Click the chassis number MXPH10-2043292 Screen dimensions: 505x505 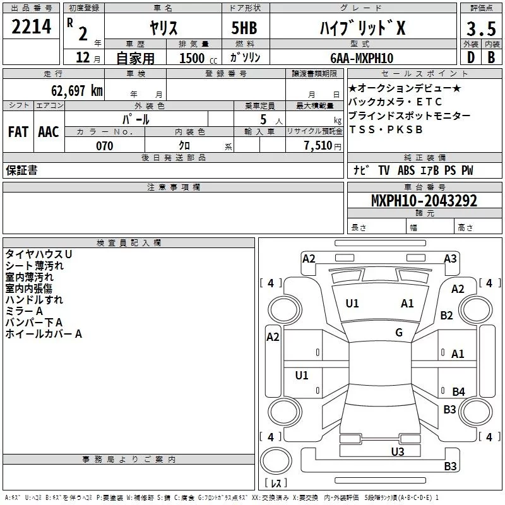(x=424, y=201)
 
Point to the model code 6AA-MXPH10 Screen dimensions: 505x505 (x=362, y=58)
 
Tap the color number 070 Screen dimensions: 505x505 (x=104, y=146)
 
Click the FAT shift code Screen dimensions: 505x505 (x=18, y=131)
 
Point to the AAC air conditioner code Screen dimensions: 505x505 (x=48, y=131)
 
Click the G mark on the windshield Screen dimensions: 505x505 (x=399, y=333)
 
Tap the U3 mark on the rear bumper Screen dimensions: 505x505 (x=397, y=451)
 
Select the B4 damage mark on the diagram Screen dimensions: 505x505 (x=458, y=392)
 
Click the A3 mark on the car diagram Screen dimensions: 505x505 (x=450, y=258)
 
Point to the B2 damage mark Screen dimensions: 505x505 (x=447, y=315)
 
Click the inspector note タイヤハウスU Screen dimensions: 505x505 (x=39, y=254)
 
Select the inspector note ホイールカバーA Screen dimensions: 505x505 (x=44, y=334)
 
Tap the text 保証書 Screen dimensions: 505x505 (x=21, y=170)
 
